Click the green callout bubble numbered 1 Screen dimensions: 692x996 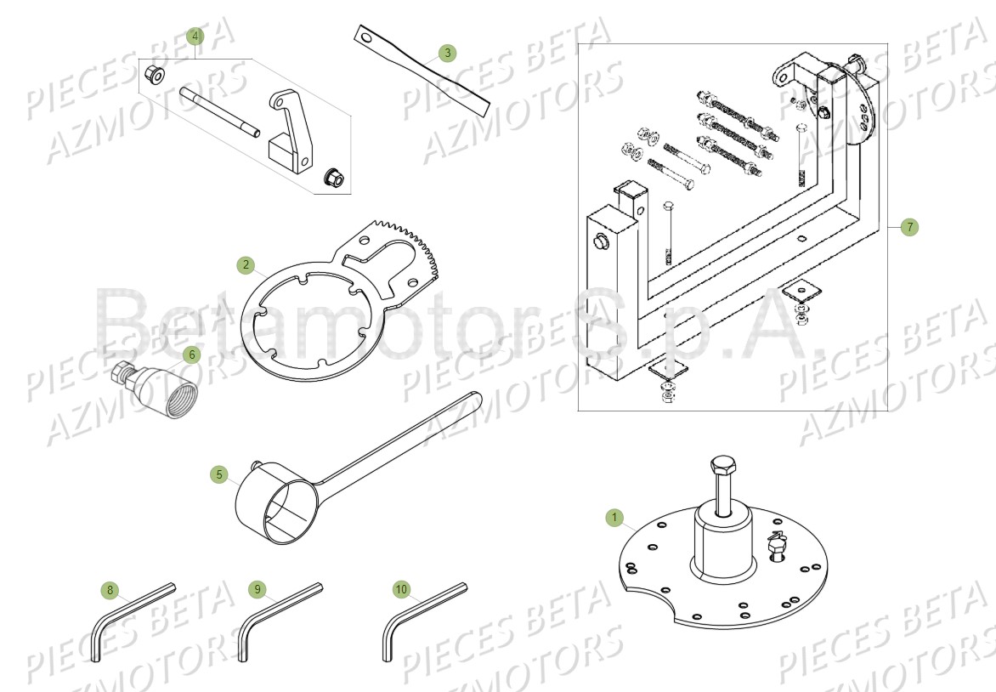[614, 517]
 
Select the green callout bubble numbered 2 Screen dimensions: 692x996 [246, 265]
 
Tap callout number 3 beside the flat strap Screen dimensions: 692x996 [448, 54]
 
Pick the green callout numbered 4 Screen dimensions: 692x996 [195, 37]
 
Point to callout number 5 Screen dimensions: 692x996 [220, 474]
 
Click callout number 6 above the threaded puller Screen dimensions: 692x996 [191, 354]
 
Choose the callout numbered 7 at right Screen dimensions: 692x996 [909, 227]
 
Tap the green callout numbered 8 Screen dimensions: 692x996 [109, 589]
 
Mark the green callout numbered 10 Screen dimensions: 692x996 [401, 588]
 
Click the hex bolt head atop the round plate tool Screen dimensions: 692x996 [722, 466]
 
